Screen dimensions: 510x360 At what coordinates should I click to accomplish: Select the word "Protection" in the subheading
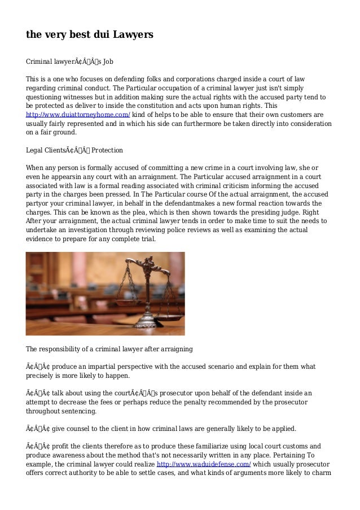[x=107, y=151]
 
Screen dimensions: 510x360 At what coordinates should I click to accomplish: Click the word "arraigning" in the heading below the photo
[x=174, y=347]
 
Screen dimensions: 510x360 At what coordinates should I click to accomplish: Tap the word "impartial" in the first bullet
[x=96, y=367]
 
